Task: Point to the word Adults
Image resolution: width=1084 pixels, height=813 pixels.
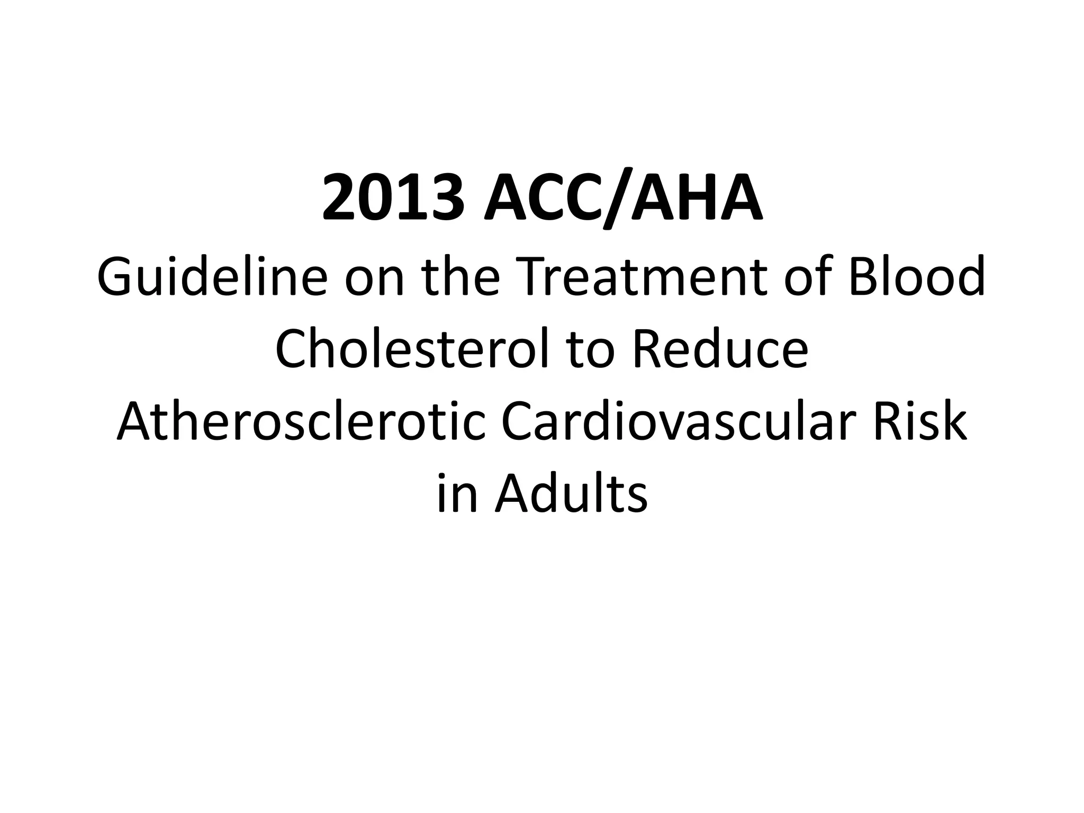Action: click(x=571, y=495)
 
